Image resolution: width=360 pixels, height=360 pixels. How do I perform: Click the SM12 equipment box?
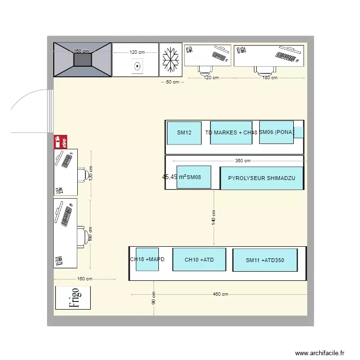point(184,132)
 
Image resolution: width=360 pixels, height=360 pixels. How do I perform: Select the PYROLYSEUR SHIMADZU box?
point(262,178)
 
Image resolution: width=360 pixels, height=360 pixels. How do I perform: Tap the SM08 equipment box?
point(194,178)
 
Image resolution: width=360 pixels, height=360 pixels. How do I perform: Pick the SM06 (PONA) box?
point(276,132)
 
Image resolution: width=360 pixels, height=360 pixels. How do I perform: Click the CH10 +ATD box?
point(199,260)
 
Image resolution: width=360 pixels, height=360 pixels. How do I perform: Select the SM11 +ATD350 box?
point(265,260)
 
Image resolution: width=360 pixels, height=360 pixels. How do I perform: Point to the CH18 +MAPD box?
point(147,259)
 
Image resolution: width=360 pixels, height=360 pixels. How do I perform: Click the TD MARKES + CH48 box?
point(231,132)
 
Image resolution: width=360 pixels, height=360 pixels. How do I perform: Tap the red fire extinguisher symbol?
point(60,142)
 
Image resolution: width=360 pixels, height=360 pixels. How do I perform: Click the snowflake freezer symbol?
point(171,60)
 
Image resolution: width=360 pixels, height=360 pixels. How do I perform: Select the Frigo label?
point(73,298)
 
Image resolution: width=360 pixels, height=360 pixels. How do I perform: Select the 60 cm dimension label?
point(172,82)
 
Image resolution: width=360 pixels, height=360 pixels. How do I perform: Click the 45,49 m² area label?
point(174,177)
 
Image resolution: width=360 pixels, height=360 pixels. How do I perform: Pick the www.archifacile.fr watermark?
point(320,352)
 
